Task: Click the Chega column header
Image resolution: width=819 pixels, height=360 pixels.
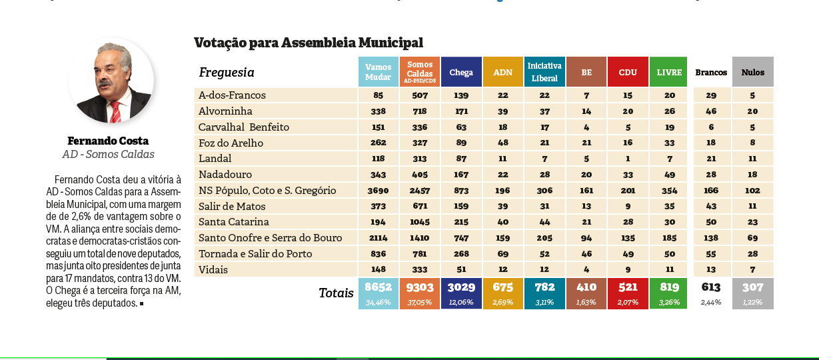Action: tap(461, 72)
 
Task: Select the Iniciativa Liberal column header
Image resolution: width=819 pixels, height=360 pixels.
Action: tap(544, 72)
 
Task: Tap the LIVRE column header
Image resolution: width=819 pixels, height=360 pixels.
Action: tap(668, 72)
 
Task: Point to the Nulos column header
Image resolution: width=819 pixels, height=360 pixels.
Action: tap(752, 72)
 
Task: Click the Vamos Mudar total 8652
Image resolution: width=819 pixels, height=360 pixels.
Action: tap(378, 288)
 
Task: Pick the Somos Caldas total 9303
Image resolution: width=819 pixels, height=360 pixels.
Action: tap(420, 288)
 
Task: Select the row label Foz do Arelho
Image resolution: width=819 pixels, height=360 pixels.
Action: tap(231, 143)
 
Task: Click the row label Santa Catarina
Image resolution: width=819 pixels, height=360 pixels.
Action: tap(234, 222)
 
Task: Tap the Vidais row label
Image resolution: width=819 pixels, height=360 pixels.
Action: tap(213, 269)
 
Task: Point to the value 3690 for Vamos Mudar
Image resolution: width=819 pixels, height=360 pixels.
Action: tap(378, 191)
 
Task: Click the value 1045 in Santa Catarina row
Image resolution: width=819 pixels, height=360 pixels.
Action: tap(420, 222)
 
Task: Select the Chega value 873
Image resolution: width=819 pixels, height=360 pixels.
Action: tap(461, 191)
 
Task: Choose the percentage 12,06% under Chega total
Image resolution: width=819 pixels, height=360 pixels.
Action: tap(461, 302)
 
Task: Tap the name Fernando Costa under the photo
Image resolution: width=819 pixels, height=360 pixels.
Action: tap(108, 141)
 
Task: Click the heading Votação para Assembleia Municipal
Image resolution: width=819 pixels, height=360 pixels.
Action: tap(309, 43)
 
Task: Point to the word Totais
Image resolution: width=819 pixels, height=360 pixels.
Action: tap(336, 293)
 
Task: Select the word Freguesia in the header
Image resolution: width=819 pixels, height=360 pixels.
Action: tap(227, 73)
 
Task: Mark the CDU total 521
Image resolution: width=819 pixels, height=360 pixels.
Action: tap(628, 288)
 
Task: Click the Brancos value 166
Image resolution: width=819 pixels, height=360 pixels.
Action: tap(711, 191)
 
